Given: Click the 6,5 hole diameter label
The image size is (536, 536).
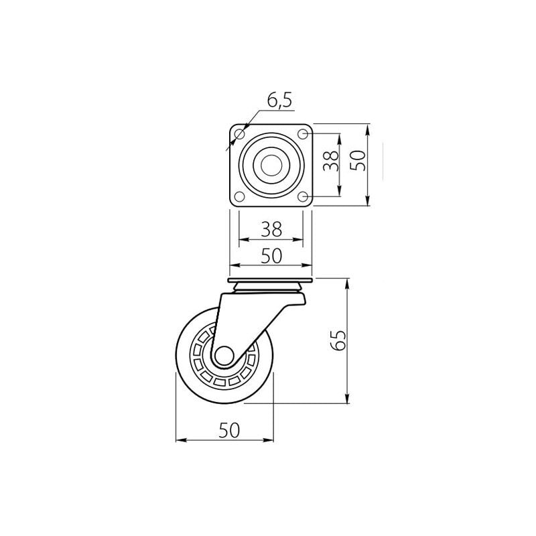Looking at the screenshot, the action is [x=279, y=100].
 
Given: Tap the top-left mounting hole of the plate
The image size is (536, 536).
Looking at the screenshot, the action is [x=240, y=134].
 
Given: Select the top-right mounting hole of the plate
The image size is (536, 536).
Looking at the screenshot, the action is [x=303, y=134].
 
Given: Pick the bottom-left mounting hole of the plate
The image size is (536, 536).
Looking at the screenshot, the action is [x=240, y=196].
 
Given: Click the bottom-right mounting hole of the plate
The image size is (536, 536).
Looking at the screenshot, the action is [x=303, y=196].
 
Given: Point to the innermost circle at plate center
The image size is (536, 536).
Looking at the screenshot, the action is [x=271, y=165].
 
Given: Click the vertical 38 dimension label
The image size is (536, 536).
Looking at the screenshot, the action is [x=331, y=161].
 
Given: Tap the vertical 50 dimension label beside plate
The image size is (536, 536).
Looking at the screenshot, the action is [x=358, y=161].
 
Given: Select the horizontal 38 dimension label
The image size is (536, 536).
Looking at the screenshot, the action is [x=271, y=228].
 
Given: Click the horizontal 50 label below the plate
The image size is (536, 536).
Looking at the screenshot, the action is [x=271, y=256].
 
